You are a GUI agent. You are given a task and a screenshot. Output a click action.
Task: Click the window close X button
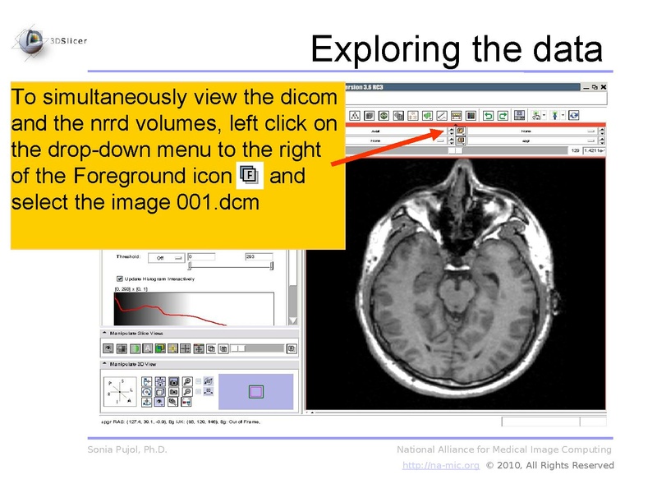tap(604, 87)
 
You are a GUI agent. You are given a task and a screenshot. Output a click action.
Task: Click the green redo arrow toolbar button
tap(502, 116)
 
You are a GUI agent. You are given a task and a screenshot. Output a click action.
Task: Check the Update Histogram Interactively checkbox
tap(120, 279)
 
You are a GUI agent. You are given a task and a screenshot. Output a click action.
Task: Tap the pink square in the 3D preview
tap(256, 391)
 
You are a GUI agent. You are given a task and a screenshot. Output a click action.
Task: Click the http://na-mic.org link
tap(440, 465)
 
